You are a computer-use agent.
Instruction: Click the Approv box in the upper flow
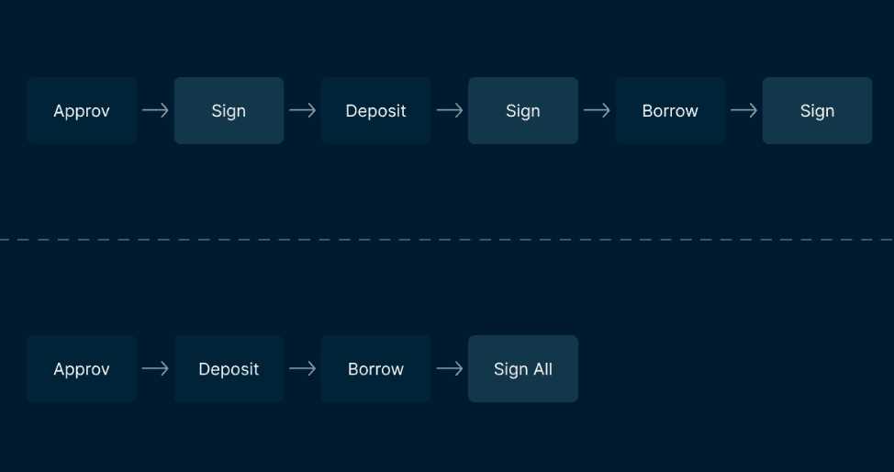pos(82,111)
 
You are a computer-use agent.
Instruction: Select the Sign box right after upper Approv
pos(229,111)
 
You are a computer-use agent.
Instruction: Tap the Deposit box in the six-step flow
pos(375,111)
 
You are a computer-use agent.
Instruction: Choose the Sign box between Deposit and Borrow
pos(523,111)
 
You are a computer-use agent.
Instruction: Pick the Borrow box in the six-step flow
pos(670,111)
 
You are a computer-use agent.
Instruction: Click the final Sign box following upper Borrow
pos(817,111)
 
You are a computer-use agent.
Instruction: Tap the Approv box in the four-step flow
pos(82,369)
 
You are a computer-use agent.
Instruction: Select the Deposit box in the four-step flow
pos(229,369)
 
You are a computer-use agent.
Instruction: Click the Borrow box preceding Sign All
pos(375,369)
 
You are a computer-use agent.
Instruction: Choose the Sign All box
pos(523,369)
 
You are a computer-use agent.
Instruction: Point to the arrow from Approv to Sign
pos(155,110)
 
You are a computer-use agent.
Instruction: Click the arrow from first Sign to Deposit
pos(302,110)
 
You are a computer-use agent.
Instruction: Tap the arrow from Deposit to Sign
pos(449,110)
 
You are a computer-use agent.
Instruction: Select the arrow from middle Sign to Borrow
pos(597,110)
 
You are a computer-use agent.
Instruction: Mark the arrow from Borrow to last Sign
pos(743,110)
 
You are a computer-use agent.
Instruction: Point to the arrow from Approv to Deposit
pos(155,369)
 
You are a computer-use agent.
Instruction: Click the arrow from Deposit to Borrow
pos(302,369)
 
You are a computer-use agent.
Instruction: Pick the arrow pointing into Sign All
pos(449,369)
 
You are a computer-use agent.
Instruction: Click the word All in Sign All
pos(542,369)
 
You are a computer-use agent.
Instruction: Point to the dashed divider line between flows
pos(447,240)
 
